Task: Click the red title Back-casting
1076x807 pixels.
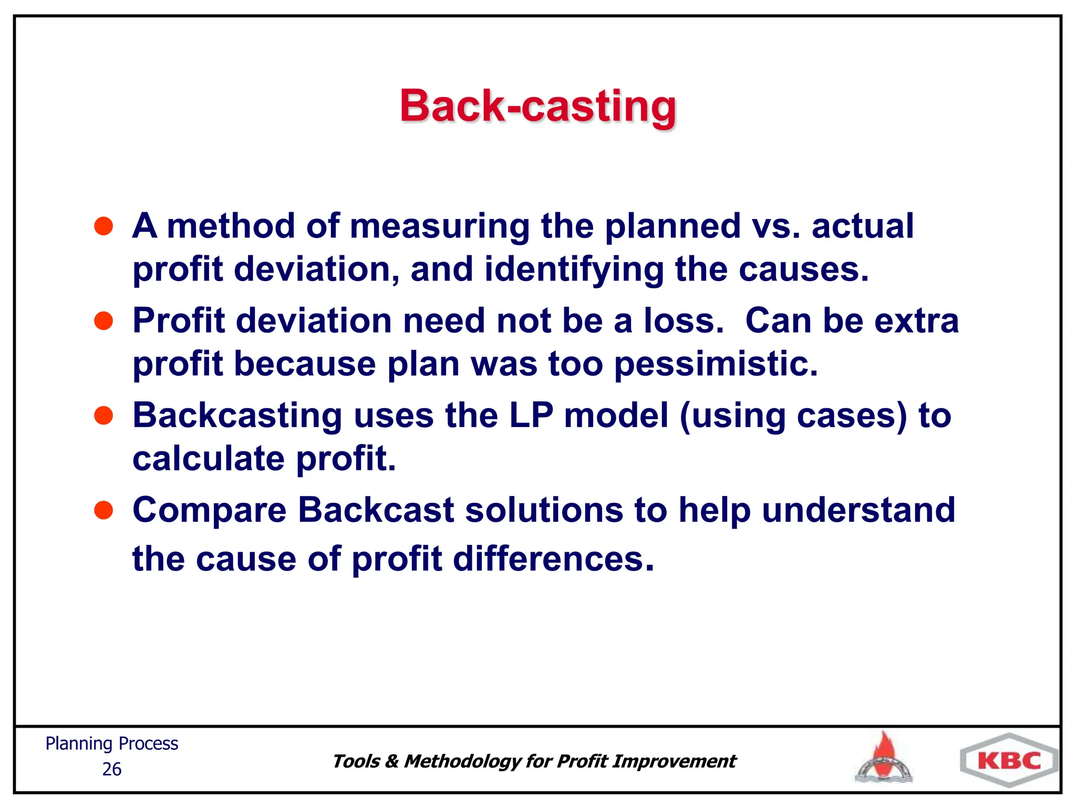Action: coord(538,106)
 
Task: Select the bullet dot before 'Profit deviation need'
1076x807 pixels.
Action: coord(104,320)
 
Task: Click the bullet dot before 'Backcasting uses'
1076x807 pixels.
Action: coord(104,415)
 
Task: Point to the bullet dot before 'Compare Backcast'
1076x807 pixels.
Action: coord(104,510)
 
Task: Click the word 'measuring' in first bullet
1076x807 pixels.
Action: coord(439,227)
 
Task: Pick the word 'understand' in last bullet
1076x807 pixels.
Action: coord(858,510)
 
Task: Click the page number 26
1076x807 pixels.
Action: coord(111,769)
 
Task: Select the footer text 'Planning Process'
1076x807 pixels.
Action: coord(111,744)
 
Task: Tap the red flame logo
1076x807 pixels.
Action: coord(884,758)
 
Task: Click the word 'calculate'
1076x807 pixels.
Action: coord(209,459)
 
